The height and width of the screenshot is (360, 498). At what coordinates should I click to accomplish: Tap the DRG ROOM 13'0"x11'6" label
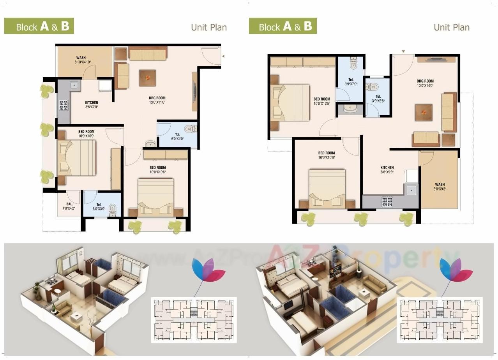[x=157, y=100]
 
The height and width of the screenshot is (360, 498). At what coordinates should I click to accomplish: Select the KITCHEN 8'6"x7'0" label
[x=92, y=104]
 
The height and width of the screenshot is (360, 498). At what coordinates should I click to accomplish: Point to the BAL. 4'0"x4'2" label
[x=69, y=206]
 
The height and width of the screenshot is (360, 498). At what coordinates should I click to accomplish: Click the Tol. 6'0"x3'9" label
[x=99, y=206]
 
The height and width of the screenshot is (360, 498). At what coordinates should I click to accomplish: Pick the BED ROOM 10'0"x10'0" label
[x=86, y=134]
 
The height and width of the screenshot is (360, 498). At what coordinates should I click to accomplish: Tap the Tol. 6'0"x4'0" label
[x=177, y=136]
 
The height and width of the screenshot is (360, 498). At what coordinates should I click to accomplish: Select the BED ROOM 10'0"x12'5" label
[x=321, y=101]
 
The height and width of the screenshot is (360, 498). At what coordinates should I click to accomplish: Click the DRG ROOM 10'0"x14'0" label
[x=425, y=83]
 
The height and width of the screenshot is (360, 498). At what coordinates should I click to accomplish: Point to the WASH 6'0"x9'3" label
[x=440, y=187]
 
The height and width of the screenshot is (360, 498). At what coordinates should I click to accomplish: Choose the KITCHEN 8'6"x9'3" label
[x=387, y=169]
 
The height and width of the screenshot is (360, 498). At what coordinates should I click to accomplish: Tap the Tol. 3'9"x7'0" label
[x=351, y=81]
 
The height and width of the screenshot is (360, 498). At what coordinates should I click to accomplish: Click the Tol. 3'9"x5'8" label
[x=378, y=99]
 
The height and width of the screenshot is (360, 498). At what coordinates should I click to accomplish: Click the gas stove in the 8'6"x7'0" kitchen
[x=63, y=105]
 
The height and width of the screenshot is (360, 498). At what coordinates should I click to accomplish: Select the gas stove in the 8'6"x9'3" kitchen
[x=387, y=201]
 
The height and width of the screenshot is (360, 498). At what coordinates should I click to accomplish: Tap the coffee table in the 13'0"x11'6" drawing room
[x=147, y=78]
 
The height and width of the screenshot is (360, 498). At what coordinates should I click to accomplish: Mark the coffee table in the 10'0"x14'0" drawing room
[x=424, y=112]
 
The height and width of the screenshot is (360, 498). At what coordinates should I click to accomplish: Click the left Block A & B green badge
[x=39, y=26]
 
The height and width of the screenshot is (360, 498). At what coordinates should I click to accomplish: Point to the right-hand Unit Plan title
[x=451, y=27]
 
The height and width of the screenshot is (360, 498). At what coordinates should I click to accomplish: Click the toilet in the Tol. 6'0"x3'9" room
[x=113, y=209]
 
